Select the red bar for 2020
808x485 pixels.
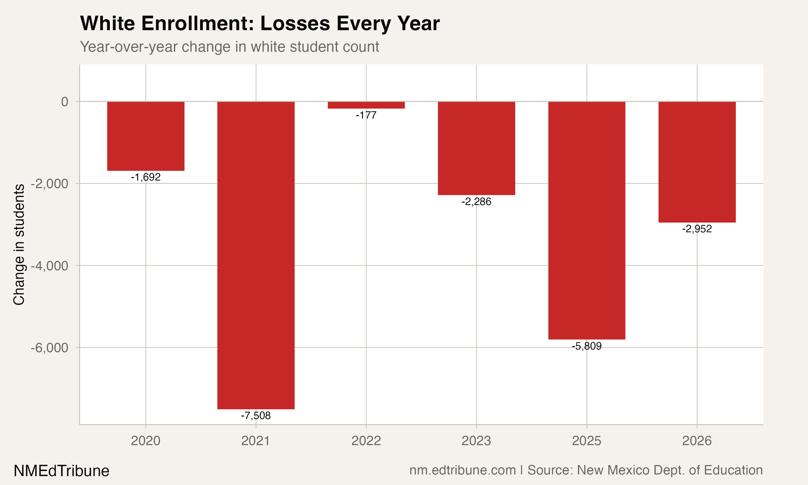pos(146,136)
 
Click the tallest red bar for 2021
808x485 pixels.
pos(256,255)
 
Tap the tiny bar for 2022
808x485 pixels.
pos(366,105)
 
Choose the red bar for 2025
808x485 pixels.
pos(587,220)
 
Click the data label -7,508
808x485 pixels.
pos(256,416)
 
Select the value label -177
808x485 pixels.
pos(366,115)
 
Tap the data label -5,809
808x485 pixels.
pos(587,346)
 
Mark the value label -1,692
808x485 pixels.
pos(146,177)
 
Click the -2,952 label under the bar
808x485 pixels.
pos(697,229)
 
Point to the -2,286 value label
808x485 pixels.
pos(476,202)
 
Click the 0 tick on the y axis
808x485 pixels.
pos(65,102)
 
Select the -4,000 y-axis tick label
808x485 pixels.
pos(50,266)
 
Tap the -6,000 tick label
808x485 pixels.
pos(50,348)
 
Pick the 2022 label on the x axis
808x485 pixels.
pos(366,441)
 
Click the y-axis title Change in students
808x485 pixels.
pos(19,244)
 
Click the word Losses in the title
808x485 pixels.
pos(295,23)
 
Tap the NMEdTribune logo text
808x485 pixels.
pos(61,471)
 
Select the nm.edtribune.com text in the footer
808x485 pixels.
pos(462,470)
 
